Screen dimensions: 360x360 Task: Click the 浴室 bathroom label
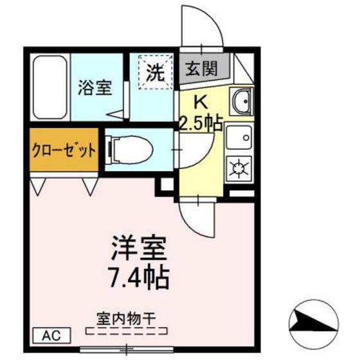(96, 88)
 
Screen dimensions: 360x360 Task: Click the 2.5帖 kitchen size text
(201, 122)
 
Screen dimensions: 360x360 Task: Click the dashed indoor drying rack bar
(125, 332)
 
